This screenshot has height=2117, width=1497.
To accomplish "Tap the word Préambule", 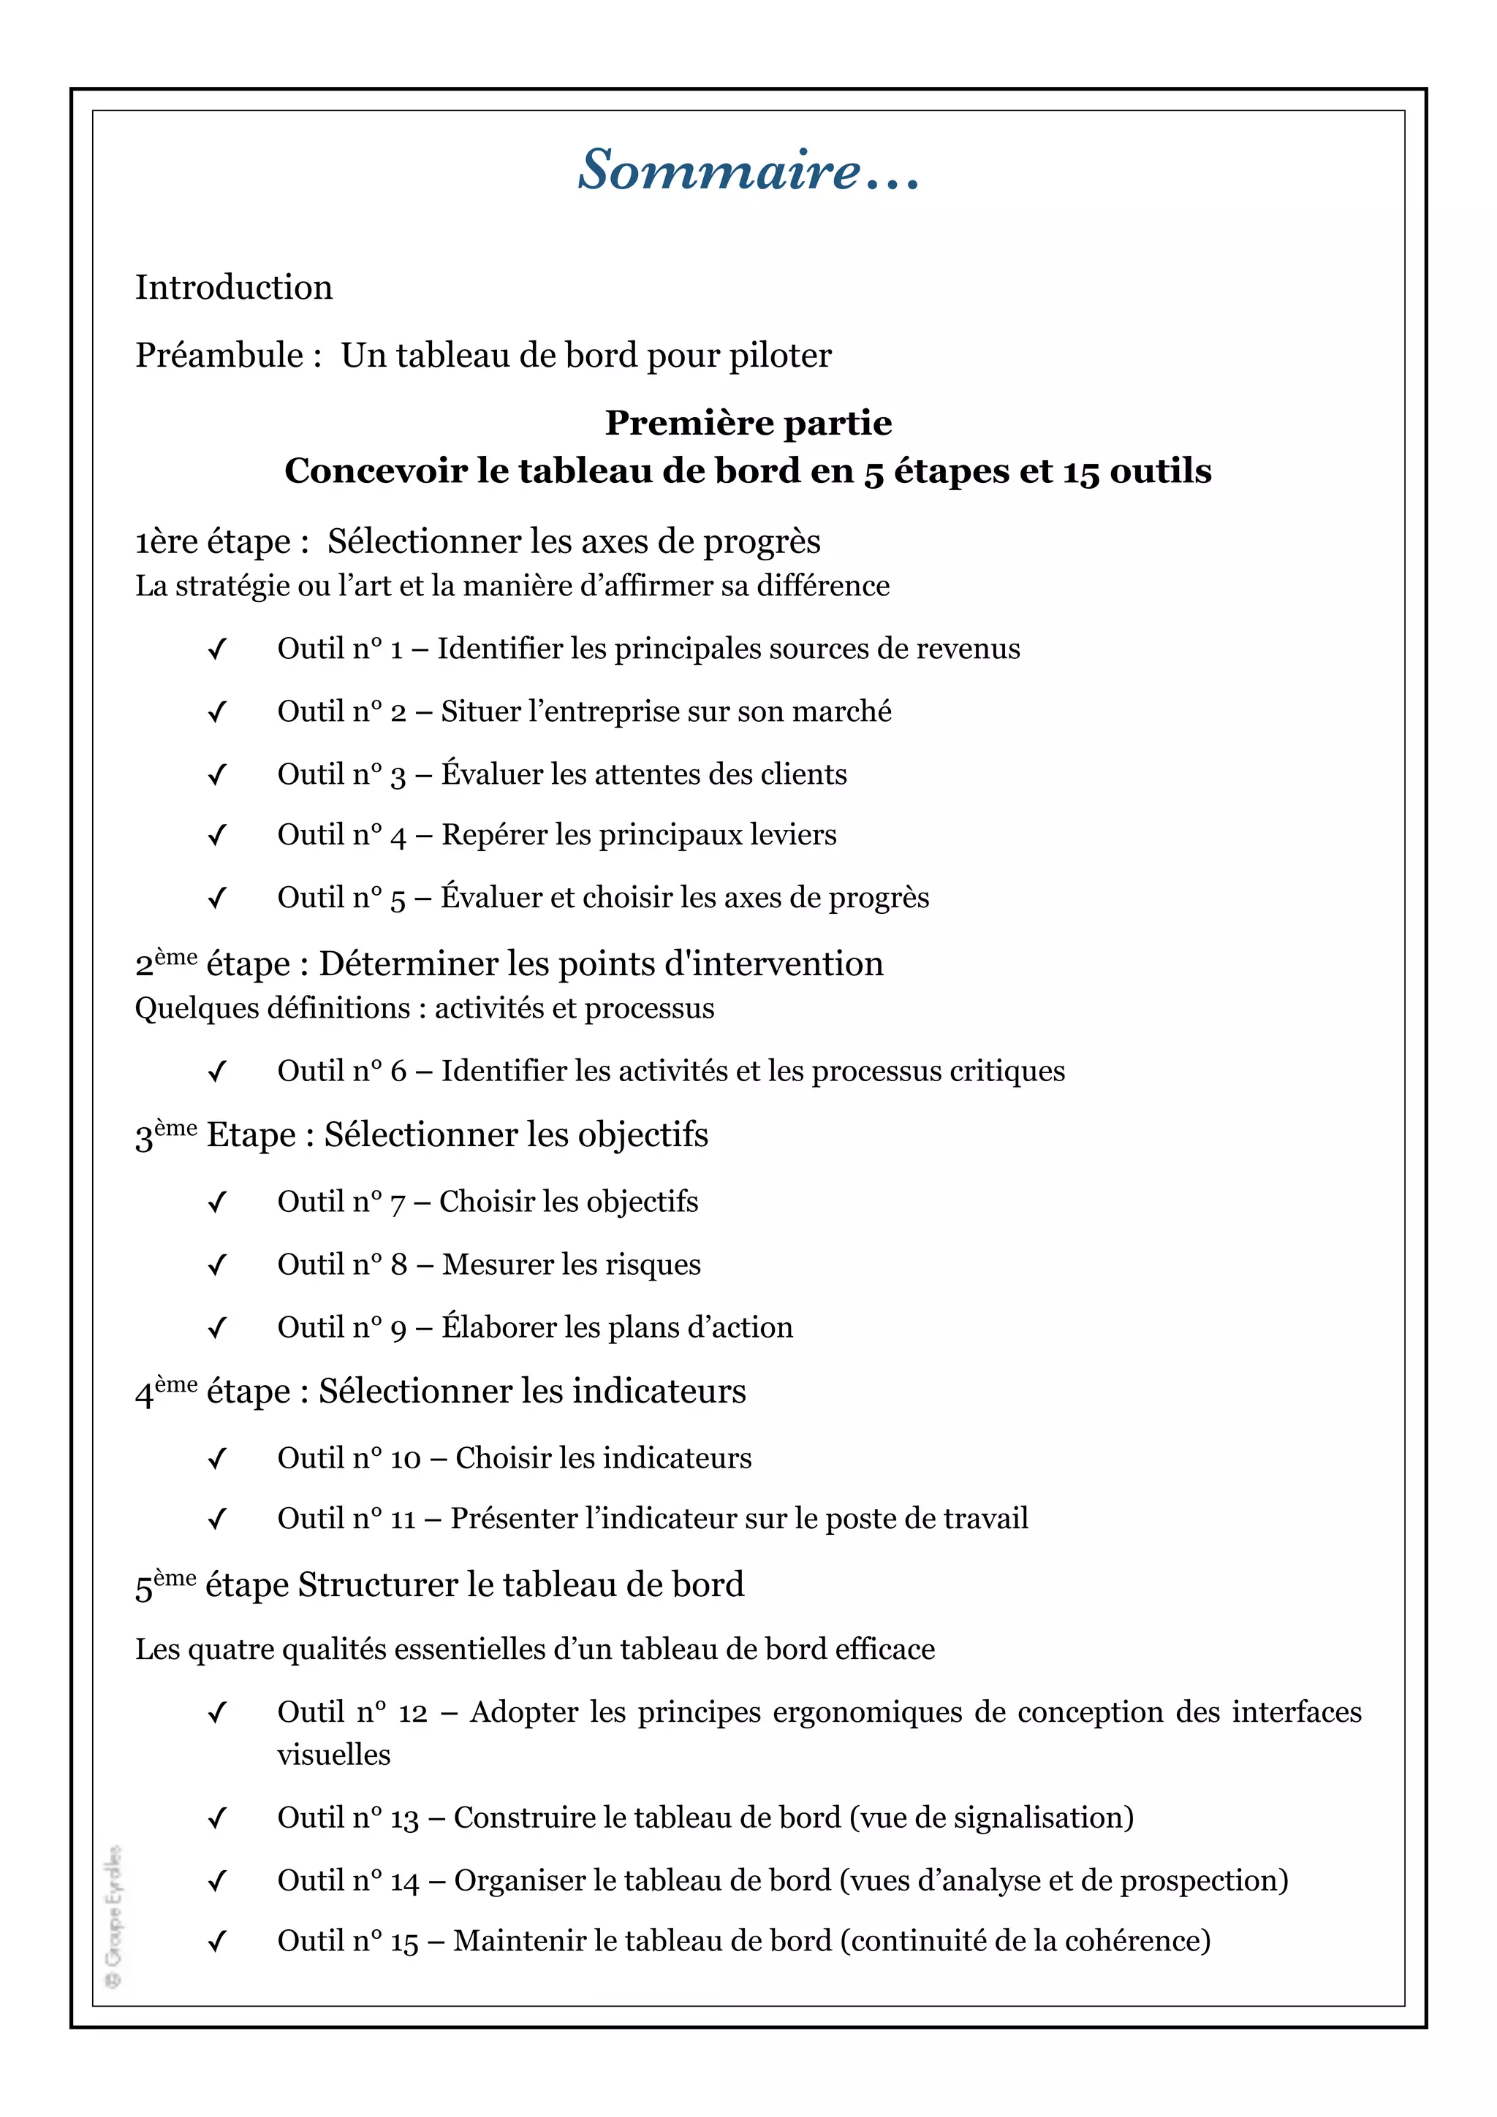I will [219, 356].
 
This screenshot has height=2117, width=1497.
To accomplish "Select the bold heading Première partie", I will [748, 423].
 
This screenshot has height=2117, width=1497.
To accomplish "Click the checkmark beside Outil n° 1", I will [218, 650].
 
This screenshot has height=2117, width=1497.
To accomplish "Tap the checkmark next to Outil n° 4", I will [218, 836].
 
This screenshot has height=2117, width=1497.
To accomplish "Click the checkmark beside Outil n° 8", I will [218, 1266].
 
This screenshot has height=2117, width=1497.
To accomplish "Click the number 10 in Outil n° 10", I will [405, 1459].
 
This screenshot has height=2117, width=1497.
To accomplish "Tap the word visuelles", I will [334, 1755].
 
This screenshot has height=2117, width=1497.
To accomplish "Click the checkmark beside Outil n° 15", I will [218, 1942].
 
